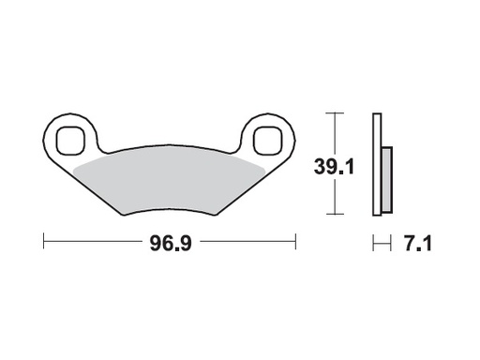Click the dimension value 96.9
169,244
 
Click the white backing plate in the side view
377,164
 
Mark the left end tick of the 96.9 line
44,243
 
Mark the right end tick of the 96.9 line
295,243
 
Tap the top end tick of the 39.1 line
333,113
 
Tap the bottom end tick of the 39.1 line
333,215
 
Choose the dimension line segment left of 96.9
94,243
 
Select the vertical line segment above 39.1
333,134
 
